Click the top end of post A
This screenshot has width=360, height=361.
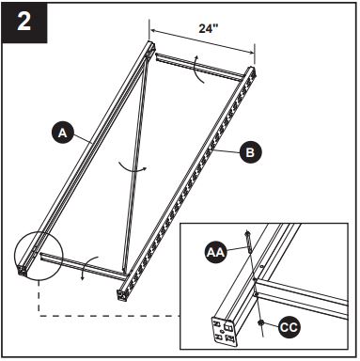147,48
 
